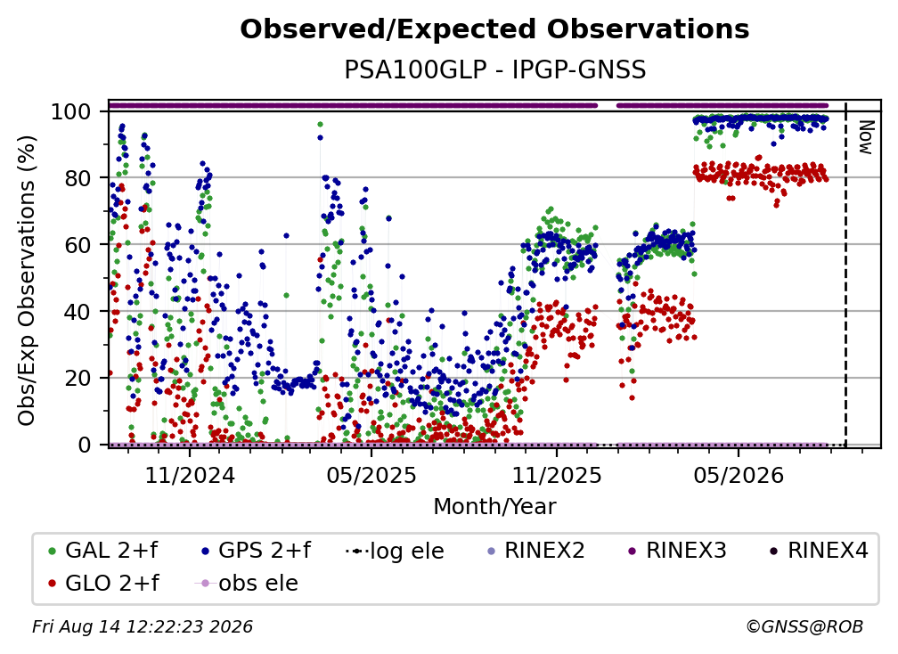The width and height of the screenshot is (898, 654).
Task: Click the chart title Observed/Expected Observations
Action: point(494,29)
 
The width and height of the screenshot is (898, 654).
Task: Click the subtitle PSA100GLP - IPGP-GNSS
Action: point(494,70)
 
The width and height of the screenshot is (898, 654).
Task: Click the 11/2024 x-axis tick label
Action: point(190,475)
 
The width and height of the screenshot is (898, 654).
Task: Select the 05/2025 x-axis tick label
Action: point(371,475)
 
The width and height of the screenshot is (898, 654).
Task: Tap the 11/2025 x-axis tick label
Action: point(557,475)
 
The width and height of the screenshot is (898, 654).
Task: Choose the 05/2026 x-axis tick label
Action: point(739,475)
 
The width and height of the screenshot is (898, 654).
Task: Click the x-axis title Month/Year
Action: point(494,507)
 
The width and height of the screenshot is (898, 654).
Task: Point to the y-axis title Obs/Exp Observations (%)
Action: point(27,280)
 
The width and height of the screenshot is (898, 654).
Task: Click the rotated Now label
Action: point(865,137)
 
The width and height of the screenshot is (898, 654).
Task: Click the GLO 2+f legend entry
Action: point(103,583)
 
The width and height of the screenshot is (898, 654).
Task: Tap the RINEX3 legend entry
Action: point(677,551)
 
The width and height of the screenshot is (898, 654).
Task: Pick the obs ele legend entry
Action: point(247,583)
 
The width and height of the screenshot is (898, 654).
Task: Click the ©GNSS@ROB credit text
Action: point(804,626)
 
